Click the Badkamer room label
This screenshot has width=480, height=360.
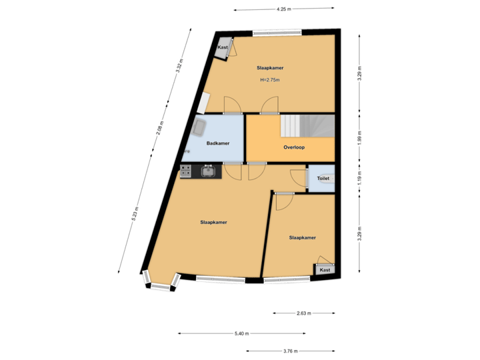click(218, 143)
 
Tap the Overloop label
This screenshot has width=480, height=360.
click(293, 147)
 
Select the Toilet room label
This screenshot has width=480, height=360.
click(323, 179)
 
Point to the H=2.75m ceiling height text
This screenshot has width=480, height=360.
click(270, 81)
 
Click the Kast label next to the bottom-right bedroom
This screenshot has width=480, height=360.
click(325, 270)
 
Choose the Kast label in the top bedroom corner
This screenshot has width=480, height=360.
click(223, 48)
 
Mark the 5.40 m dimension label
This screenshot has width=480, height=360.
click(242, 333)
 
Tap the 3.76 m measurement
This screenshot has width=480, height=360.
click(290, 351)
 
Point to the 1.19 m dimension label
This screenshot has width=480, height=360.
click(360, 178)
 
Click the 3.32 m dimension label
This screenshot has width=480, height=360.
click(179, 66)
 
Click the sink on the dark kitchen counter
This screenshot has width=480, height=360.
click(208, 172)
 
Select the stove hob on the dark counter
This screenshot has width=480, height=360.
click(186, 172)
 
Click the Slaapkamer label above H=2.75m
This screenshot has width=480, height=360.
click(269, 68)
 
